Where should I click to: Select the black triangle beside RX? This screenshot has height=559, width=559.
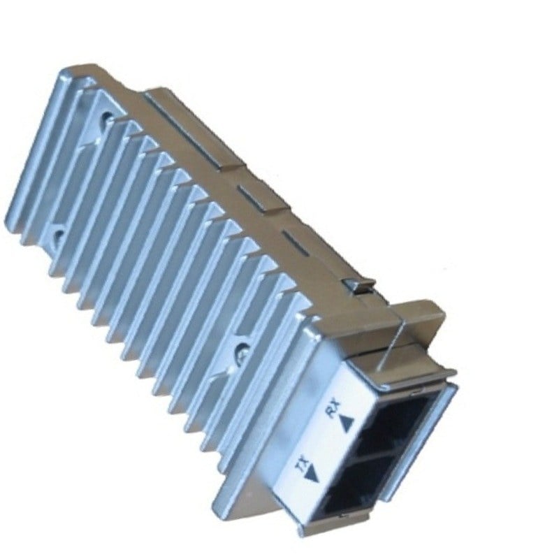347,424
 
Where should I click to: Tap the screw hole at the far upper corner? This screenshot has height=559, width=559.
106,117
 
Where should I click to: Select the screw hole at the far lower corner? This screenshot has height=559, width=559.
57,235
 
